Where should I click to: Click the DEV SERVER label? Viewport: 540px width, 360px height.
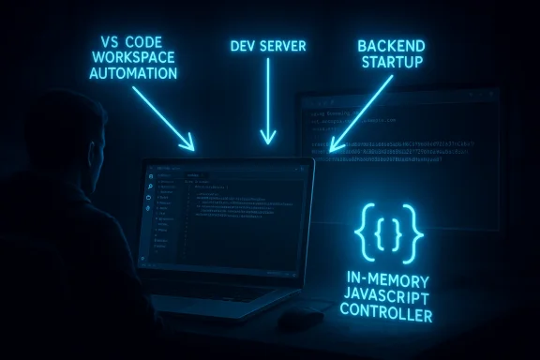[267, 45]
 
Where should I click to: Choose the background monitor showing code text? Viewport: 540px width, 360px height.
[403, 141]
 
